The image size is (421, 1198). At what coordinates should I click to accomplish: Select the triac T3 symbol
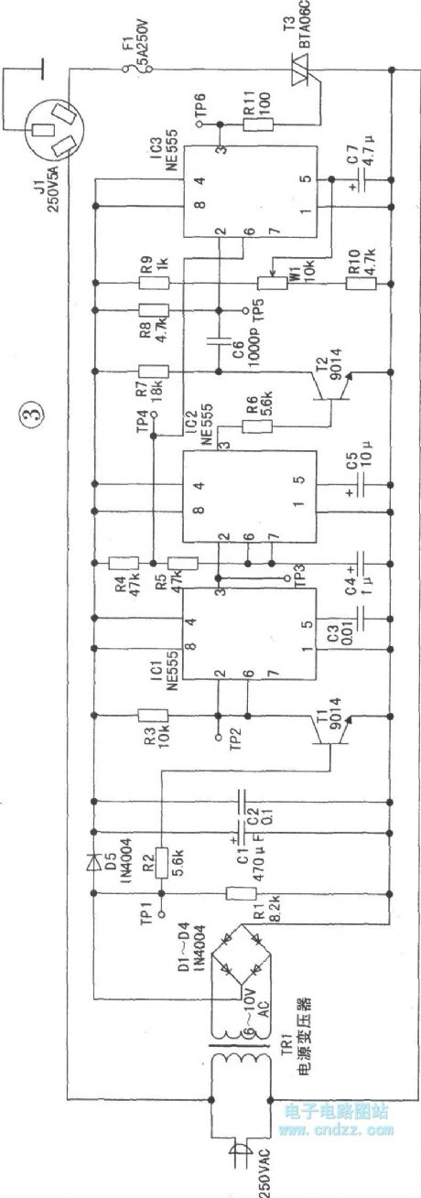pyautogui.click(x=312, y=83)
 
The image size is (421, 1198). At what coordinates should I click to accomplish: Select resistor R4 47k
pyautogui.click(x=123, y=562)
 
